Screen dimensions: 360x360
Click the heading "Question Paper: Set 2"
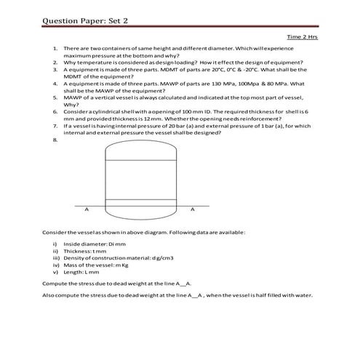(x=85, y=20)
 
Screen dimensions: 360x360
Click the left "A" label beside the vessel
(x=87, y=209)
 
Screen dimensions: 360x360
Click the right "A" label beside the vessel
(x=192, y=209)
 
